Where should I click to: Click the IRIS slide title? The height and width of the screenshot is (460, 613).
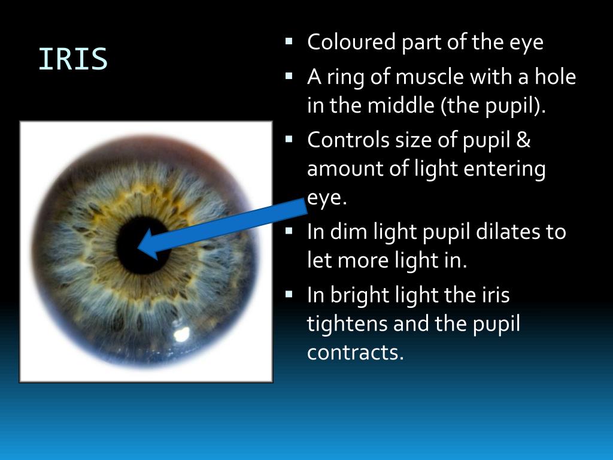point(73,59)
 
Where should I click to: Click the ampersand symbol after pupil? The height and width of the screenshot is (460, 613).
point(523,141)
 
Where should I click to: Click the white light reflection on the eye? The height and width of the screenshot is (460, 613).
point(180,333)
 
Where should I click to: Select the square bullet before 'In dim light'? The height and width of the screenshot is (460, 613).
point(289,231)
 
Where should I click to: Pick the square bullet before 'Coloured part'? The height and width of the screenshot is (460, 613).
point(289,41)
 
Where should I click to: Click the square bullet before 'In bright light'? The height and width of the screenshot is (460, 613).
point(289,293)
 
